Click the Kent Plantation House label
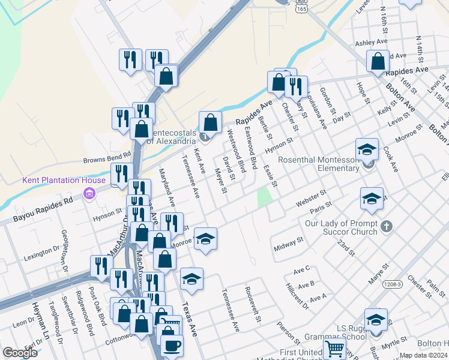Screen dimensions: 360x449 tap(64, 180)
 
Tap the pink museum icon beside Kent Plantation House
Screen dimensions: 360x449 tap(89, 193)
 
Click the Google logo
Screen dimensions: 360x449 tap(20, 352)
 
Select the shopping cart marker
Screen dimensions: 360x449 tap(334, 347)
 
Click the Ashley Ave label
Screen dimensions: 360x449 tap(372, 43)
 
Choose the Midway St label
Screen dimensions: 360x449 tap(289, 244)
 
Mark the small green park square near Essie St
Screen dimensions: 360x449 tap(264, 198)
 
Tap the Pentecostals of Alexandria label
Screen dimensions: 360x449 tap(170, 136)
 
